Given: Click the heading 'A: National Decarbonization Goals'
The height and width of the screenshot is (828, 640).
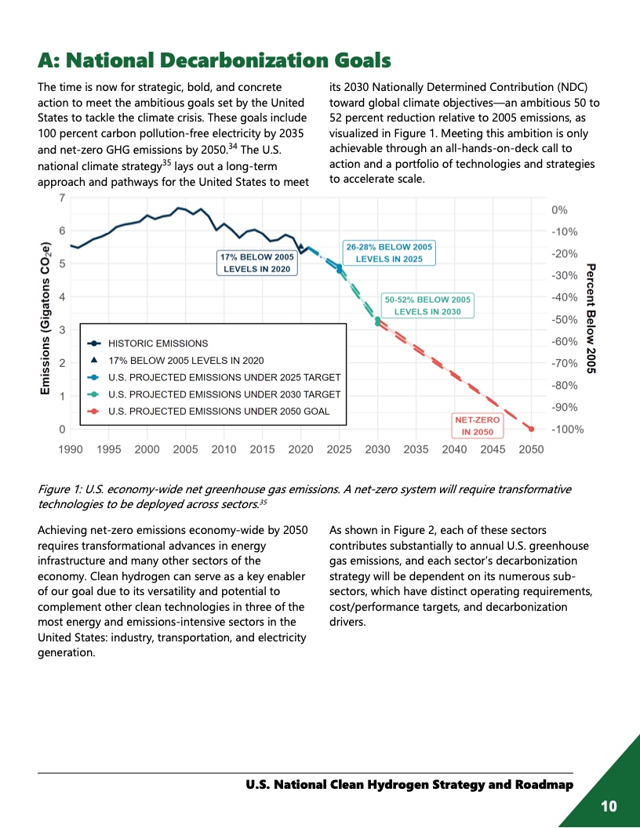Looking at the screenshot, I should point(214,60).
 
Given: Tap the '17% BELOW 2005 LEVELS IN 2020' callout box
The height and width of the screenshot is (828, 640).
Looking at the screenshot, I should point(256,263).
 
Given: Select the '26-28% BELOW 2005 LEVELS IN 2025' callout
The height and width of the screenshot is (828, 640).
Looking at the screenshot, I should point(389,252).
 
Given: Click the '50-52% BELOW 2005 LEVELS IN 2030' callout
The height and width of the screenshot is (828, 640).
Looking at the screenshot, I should point(427,305).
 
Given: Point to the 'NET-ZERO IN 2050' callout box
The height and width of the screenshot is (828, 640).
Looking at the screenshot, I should point(477,426).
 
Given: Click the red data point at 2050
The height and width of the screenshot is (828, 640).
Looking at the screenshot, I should point(531,429).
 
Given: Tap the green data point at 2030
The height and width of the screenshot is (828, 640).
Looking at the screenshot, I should point(378,320).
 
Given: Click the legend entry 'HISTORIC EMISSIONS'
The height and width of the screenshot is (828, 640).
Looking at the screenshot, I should point(158,343).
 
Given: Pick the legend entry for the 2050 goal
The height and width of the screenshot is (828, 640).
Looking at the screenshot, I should point(218,411).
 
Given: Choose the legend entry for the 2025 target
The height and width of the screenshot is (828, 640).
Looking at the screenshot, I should point(224,377).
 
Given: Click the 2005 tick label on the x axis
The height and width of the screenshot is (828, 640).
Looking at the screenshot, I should point(185,449).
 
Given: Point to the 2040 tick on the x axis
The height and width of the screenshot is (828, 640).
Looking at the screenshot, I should point(454,449).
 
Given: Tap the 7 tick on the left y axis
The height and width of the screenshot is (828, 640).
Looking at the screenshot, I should point(62,198).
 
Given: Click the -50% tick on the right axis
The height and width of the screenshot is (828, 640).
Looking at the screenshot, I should point(564,320).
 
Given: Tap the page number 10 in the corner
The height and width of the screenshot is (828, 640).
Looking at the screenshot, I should point(609,806).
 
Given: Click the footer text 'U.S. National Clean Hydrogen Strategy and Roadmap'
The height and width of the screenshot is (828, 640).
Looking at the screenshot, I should point(409,785).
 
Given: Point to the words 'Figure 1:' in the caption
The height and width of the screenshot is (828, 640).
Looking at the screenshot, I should point(59,489).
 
